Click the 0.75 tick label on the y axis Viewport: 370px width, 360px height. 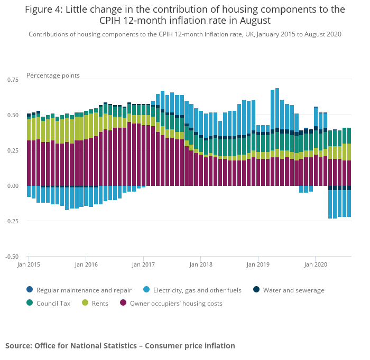tap(12, 79)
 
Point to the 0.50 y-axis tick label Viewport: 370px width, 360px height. tap(12, 115)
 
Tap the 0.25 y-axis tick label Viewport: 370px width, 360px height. tap(12, 150)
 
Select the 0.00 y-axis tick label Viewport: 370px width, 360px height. tap(12, 186)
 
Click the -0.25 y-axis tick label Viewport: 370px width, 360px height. tap(11, 221)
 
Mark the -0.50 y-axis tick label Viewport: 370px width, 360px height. tap(11, 257)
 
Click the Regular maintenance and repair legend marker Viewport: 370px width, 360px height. tap(30, 290)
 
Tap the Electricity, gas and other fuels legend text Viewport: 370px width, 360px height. tap(197, 290)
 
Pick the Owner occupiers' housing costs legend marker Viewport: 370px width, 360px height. tap(123, 303)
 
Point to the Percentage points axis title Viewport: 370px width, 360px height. tap(53, 75)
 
